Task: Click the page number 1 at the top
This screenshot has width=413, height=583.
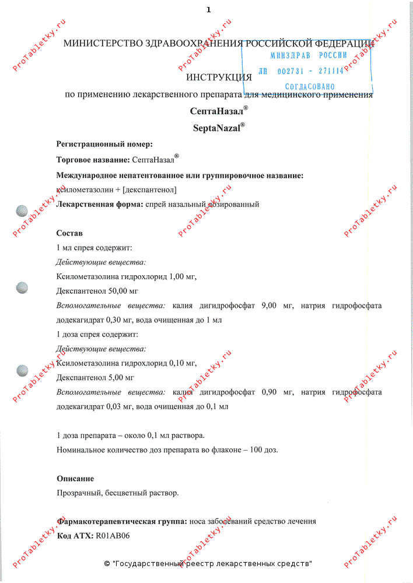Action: pos(208,9)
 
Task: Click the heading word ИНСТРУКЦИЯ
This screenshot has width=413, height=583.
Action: pos(219,76)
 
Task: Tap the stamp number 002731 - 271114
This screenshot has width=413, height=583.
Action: pos(309,71)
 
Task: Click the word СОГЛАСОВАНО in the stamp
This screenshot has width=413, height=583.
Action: pos(310,86)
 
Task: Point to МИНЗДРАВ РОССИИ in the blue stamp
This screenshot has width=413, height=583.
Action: pos(309,55)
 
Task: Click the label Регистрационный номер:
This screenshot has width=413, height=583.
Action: pos(104,144)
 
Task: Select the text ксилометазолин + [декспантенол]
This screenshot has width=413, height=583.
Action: pos(116,189)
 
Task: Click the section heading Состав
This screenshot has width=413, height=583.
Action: pos(69,233)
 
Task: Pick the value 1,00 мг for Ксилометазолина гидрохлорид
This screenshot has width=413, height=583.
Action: pos(182,276)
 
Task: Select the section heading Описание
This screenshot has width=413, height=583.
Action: pos(75,479)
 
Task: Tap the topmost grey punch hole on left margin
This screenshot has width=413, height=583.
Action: pos(22,211)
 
